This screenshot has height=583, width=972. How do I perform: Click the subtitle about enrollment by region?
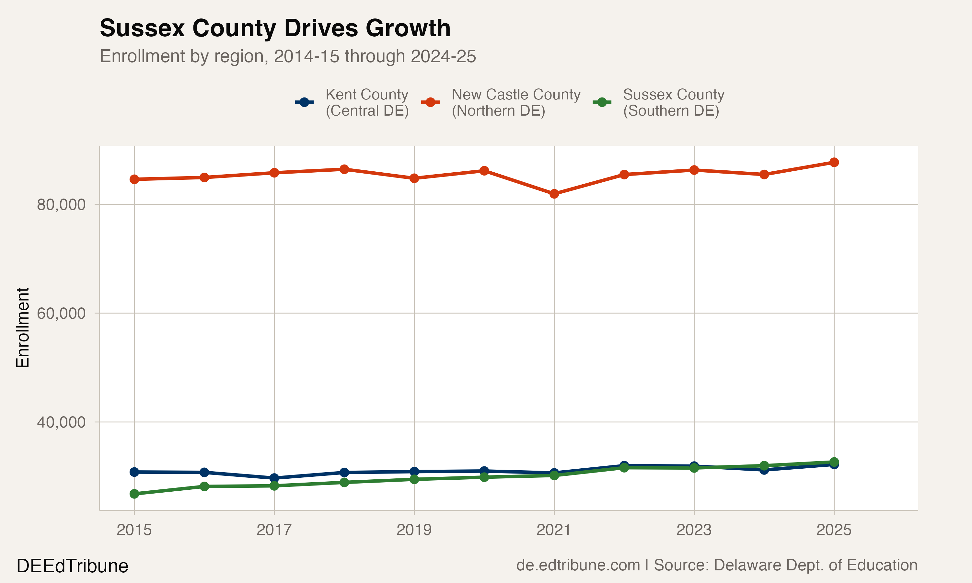288,56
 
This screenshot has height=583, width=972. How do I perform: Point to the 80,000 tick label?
61,205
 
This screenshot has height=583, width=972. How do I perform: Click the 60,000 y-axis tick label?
61,314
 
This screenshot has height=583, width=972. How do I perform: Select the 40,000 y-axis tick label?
61,422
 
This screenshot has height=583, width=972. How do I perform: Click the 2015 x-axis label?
134,530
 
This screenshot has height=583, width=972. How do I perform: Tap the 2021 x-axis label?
554,530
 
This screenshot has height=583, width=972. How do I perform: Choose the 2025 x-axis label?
834,530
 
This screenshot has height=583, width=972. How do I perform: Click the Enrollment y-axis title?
23,328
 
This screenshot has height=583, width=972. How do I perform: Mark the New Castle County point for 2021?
554,194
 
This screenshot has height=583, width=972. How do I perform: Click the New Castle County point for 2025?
834,162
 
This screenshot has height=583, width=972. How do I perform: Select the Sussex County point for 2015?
134,494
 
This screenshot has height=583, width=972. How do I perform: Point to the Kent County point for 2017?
274,478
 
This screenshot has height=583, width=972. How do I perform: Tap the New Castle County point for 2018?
344,169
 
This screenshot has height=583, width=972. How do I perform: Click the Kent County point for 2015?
134,472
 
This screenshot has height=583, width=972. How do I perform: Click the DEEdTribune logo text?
72,566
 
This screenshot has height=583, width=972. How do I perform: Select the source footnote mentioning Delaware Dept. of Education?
717,565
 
